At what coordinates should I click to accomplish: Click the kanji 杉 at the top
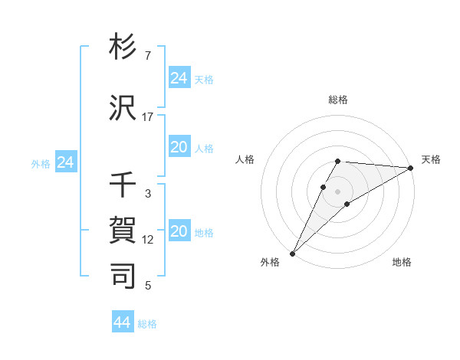(x=123, y=48)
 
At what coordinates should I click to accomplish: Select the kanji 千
(x=123, y=185)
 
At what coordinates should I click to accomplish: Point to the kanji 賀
(x=123, y=230)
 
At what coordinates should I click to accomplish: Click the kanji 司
(x=123, y=275)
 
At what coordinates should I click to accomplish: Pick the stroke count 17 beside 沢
(x=148, y=117)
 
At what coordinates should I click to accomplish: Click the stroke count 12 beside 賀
(x=148, y=240)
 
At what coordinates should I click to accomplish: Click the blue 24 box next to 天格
(x=179, y=78)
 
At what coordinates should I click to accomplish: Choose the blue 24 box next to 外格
(x=66, y=162)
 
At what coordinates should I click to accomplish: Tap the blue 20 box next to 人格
(x=179, y=148)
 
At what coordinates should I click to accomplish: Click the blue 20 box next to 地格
(x=179, y=232)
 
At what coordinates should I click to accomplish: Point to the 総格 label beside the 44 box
(x=147, y=324)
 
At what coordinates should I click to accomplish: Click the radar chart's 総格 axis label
(x=338, y=100)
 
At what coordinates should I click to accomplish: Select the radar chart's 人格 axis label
(x=245, y=159)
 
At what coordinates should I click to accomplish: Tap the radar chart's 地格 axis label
(x=402, y=262)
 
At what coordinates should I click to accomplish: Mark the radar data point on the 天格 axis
(x=410, y=169)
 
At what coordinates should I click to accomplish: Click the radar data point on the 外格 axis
(x=292, y=253)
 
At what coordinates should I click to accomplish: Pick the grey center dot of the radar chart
(x=337, y=189)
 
